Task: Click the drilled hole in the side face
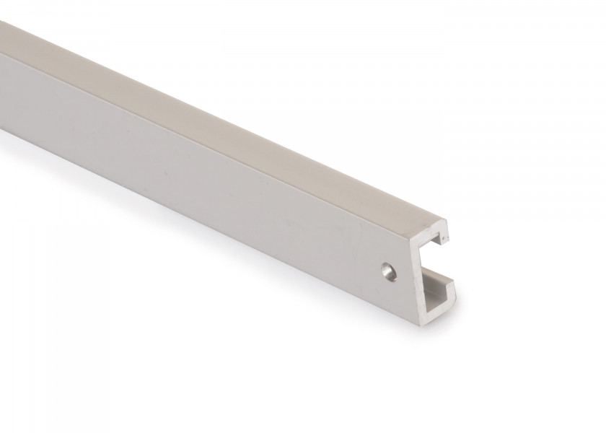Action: coord(390,270)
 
